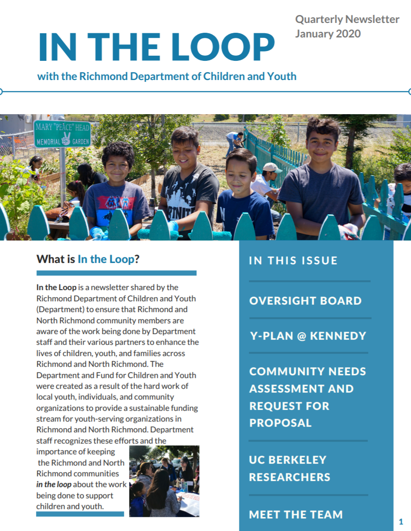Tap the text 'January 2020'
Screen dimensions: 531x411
click(x=328, y=34)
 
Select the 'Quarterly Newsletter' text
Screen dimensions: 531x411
click(x=347, y=19)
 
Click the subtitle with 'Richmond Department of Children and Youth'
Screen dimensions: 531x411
click(x=167, y=76)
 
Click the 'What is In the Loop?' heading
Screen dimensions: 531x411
click(x=88, y=259)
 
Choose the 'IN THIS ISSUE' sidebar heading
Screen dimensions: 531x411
click(x=293, y=261)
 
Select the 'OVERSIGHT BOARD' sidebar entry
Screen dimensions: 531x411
click(x=305, y=301)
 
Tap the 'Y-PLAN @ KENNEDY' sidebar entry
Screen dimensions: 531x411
click(x=307, y=336)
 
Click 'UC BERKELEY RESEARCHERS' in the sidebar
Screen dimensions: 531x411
click(x=289, y=468)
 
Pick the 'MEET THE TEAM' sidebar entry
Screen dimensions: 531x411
click(x=296, y=515)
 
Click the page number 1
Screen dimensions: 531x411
click(x=401, y=522)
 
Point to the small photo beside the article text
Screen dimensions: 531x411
click(x=164, y=481)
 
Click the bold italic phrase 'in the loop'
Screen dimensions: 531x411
click(x=54, y=484)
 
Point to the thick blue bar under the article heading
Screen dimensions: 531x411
click(x=116, y=273)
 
